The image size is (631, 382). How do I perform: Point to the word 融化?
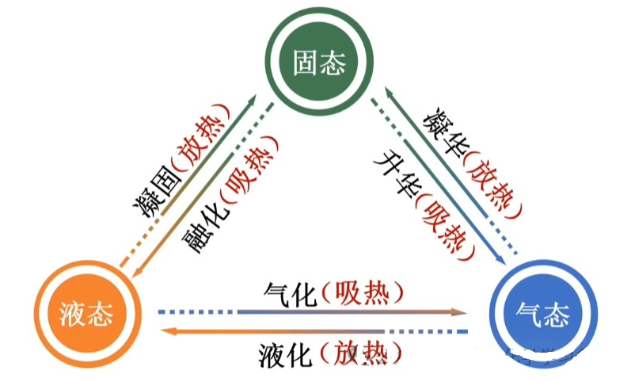click(x=203, y=223)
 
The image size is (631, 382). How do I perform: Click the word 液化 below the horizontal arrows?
click(x=287, y=353)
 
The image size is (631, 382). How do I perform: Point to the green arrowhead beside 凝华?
click(x=389, y=94)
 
